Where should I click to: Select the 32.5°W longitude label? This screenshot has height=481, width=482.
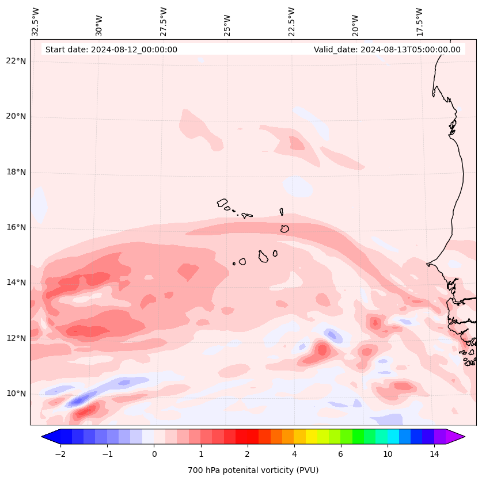(36, 21)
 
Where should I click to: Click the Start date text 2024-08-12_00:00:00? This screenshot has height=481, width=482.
(111, 49)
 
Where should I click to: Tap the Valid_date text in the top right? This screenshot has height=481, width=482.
(387, 49)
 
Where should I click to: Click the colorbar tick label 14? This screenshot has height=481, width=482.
(434, 454)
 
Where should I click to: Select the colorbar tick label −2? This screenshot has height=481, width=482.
(60, 454)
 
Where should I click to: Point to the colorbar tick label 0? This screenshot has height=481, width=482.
(154, 454)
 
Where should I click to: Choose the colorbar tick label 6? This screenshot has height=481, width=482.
(340, 454)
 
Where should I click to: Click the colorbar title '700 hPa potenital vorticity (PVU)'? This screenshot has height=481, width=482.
(253, 470)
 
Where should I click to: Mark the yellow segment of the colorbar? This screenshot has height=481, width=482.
(312, 437)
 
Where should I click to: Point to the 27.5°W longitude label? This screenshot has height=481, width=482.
(164, 21)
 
